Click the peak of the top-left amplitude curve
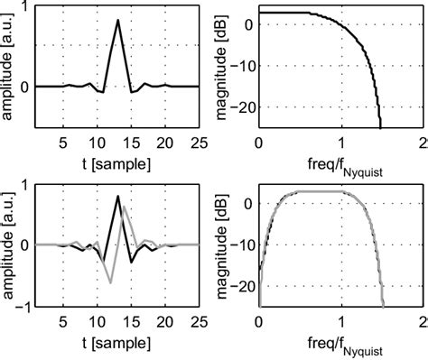[x=117, y=20]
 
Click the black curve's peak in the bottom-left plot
[x=117, y=196]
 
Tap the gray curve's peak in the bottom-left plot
[x=126, y=208]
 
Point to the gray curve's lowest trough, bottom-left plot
[x=110, y=282]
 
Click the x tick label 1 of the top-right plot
[x=341, y=143]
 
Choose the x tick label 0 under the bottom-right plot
[x=258, y=319]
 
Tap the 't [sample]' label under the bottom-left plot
[x=117, y=340]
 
